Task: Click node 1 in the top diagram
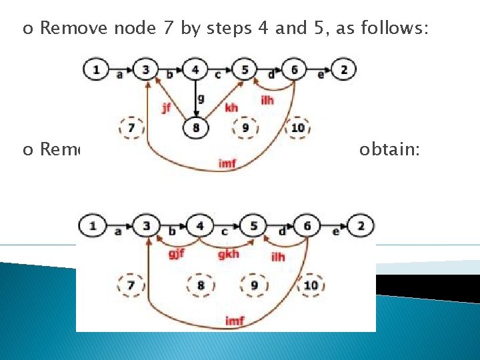point(97,69)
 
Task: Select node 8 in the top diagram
point(195,127)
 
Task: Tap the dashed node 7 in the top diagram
point(131,127)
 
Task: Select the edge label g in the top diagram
point(201,98)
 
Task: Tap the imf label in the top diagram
point(227,163)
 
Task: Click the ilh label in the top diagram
point(267,100)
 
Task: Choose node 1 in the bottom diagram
point(93,226)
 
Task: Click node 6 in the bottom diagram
point(307,226)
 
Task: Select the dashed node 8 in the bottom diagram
point(201,285)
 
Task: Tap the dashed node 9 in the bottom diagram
point(254,285)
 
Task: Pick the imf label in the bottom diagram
point(234,321)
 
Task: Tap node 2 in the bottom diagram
point(361,226)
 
